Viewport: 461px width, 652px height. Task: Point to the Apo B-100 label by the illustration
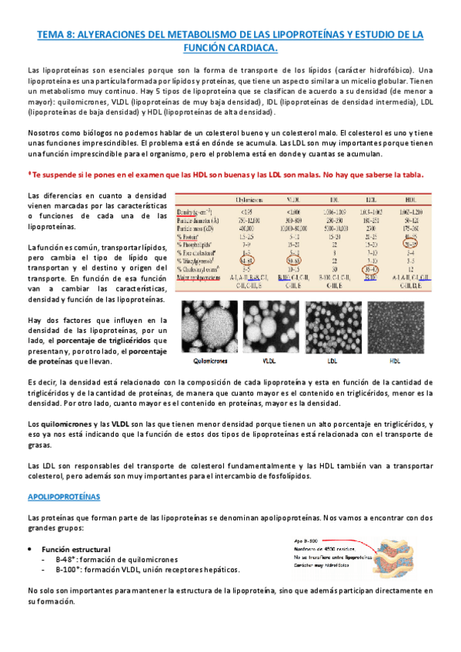[x=306, y=541]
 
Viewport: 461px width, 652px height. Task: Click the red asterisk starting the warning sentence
[x=28, y=175]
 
